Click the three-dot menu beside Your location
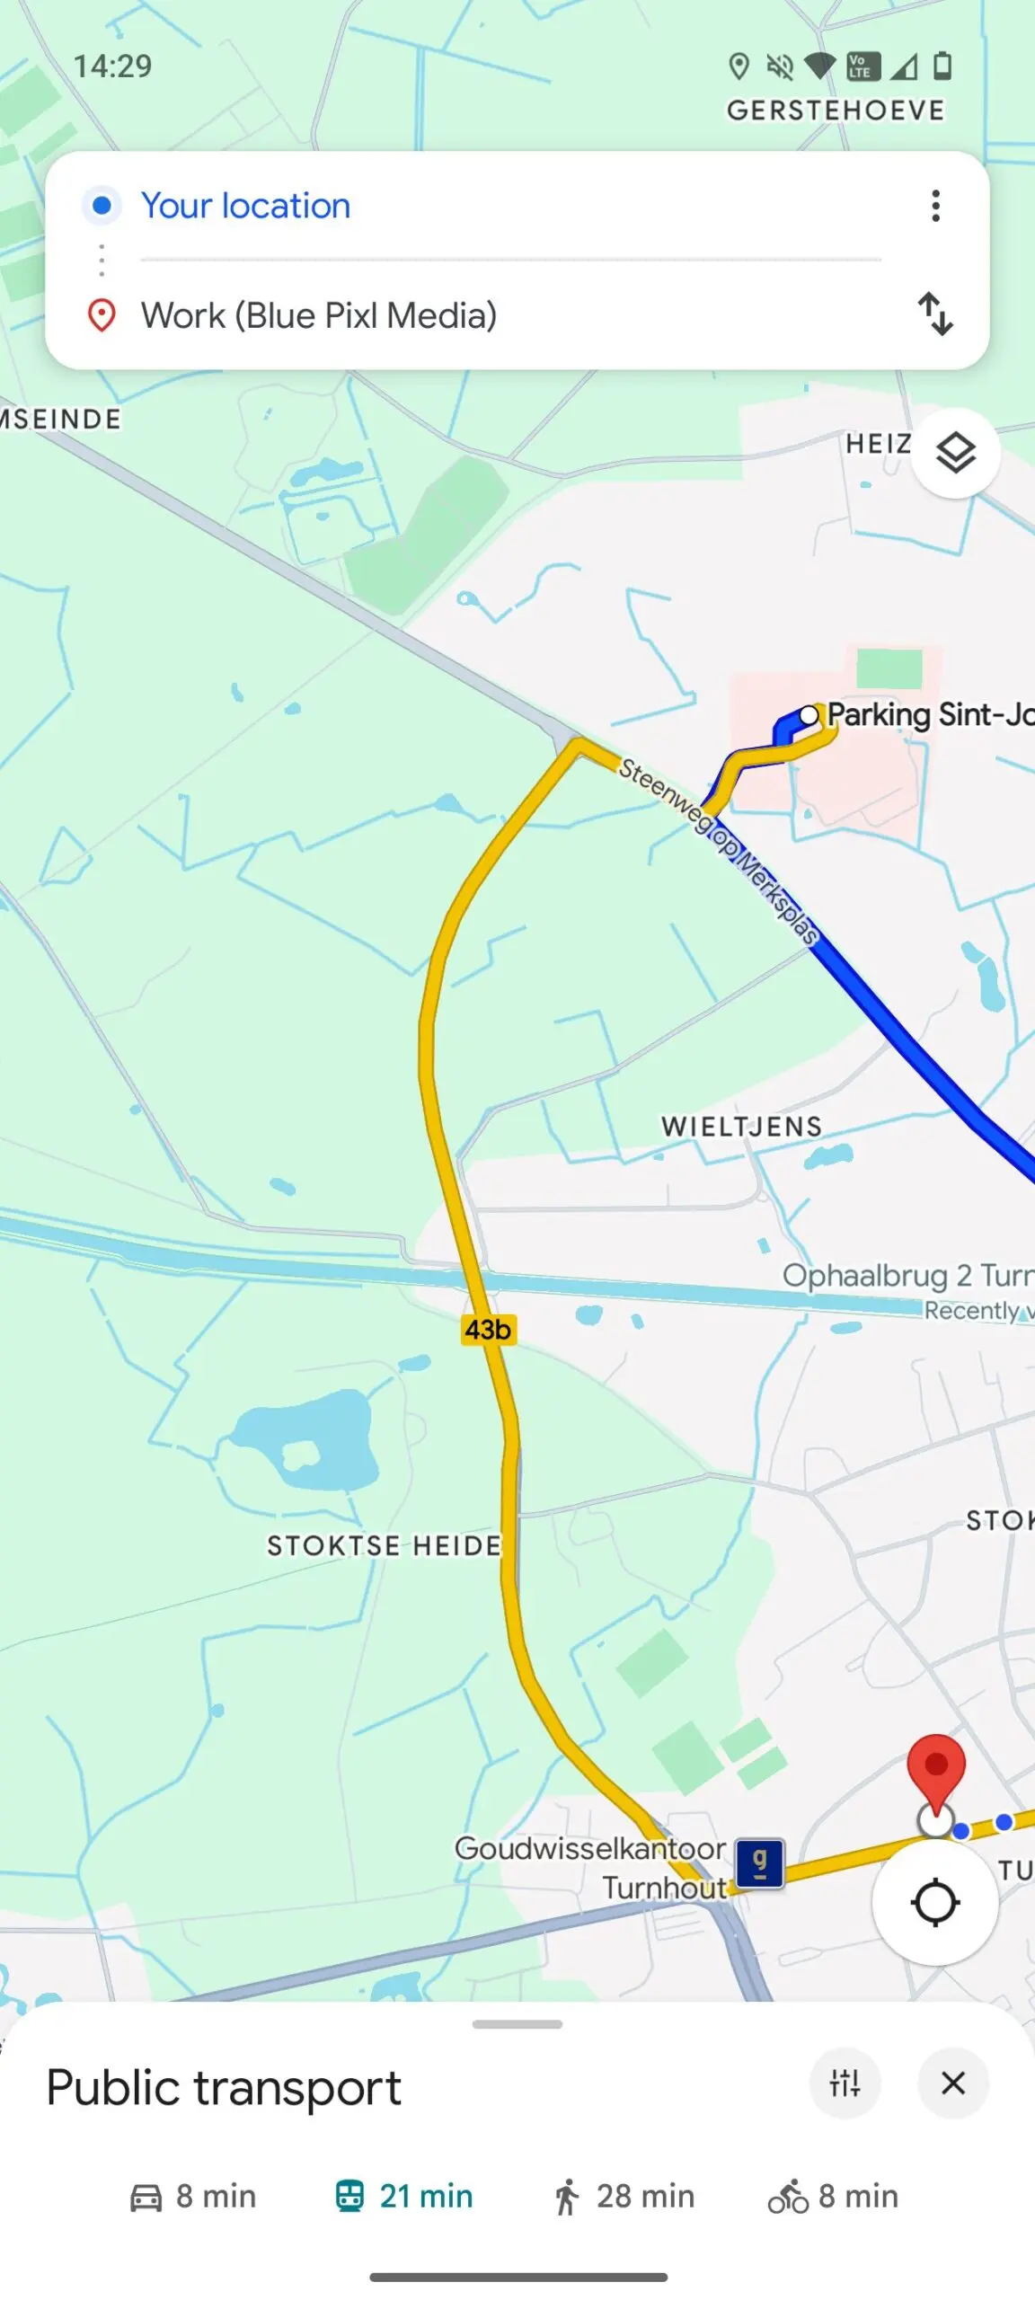pos(935,206)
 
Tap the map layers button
pos(955,453)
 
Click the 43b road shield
pos(488,1329)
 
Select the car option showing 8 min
pos(193,2197)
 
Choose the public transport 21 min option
pos(404,2197)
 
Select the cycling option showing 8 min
pos(834,2197)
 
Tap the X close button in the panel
pos(953,2083)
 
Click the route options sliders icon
pos(845,2083)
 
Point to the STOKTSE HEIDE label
pos(384,1545)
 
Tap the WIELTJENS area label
pos(742,1127)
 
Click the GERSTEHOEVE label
pos(836,111)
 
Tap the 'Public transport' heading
pos(224,2087)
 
